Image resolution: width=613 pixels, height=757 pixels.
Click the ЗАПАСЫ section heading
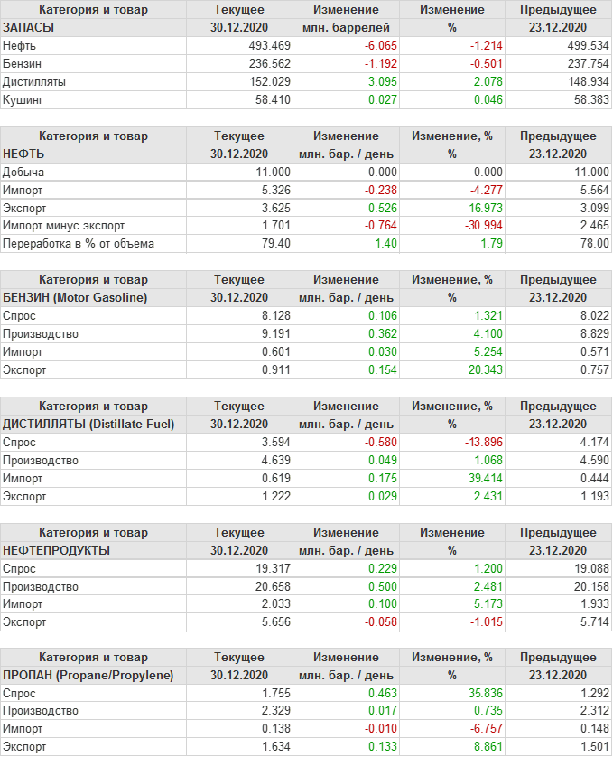click(x=29, y=27)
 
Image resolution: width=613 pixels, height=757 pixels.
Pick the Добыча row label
click(x=23, y=172)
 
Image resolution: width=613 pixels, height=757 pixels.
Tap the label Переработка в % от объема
click(x=79, y=244)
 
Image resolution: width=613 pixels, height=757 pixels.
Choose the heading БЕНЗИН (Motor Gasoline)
click(x=75, y=297)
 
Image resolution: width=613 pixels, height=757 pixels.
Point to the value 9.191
click(x=274, y=333)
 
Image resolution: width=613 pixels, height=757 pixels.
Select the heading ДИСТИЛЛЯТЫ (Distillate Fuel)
click(x=88, y=424)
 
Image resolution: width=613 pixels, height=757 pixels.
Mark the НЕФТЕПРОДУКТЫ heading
click(x=57, y=550)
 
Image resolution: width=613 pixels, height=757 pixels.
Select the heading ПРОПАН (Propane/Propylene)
click(x=88, y=675)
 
